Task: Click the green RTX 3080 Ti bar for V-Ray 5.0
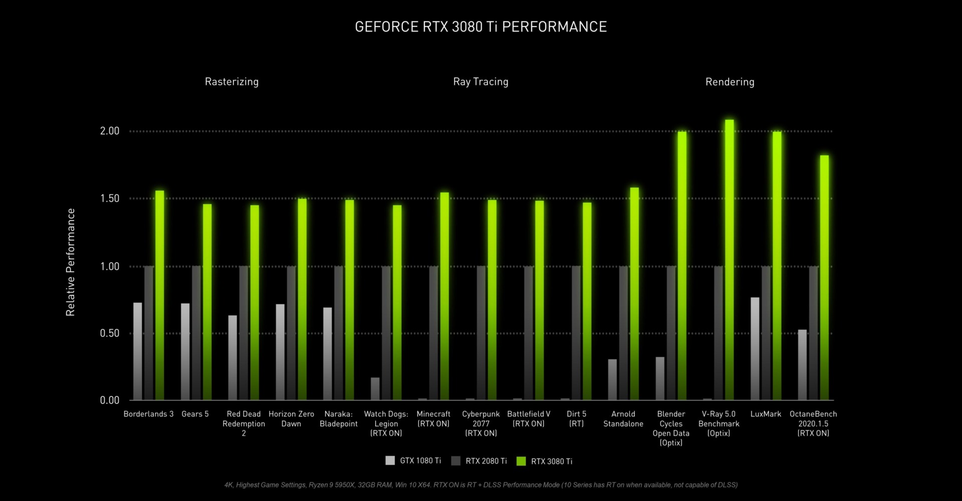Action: pyautogui.click(x=730, y=261)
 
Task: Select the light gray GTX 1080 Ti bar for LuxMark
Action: pyautogui.click(x=755, y=349)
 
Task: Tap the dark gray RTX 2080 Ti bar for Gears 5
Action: pyautogui.click(x=196, y=333)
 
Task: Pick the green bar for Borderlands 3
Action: pyautogui.click(x=159, y=296)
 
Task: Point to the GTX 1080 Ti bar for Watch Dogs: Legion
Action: pyautogui.click(x=375, y=389)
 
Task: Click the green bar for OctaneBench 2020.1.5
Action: pyautogui.click(x=824, y=278)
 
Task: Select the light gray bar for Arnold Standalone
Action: pyautogui.click(x=612, y=379)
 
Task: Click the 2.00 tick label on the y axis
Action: pyautogui.click(x=110, y=131)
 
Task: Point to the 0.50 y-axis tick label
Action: pyautogui.click(x=110, y=334)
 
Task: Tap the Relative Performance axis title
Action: pyautogui.click(x=71, y=262)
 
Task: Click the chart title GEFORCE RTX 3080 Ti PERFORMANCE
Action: pyautogui.click(x=480, y=27)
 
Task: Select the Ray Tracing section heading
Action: pyautogui.click(x=480, y=82)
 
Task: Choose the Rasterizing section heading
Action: pyautogui.click(x=231, y=82)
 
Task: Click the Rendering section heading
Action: pyautogui.click(x=730, y=82)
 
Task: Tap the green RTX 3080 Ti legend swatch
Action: pyautogui.click(x=521, y=461)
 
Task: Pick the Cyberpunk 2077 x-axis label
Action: pyautogui.click(x=480, y=423)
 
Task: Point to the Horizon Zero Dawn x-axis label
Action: pyautogui.click(x=291, y=419)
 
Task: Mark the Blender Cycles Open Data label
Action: pyautogui.click(x=671, y=428)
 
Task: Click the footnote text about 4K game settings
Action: pyautogui.click(x=480, y=485)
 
